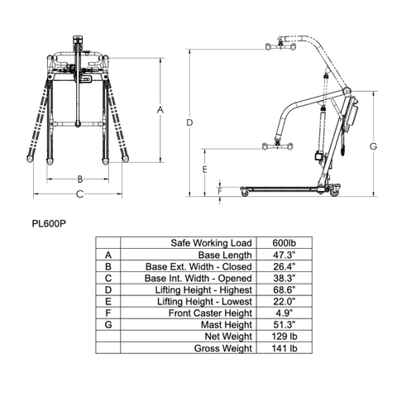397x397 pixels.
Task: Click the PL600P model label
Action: pos(49,223)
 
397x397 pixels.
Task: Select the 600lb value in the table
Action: pos(285,243)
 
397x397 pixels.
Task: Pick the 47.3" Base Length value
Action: pos(285,255)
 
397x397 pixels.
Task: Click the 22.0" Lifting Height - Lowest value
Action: pos(285,301)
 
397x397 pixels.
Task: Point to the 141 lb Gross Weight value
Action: pos(285,348)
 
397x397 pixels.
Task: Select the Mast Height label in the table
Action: pos(227,325)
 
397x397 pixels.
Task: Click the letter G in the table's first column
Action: pos(108,325)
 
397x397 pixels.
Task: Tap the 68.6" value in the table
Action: pos(285,289)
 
